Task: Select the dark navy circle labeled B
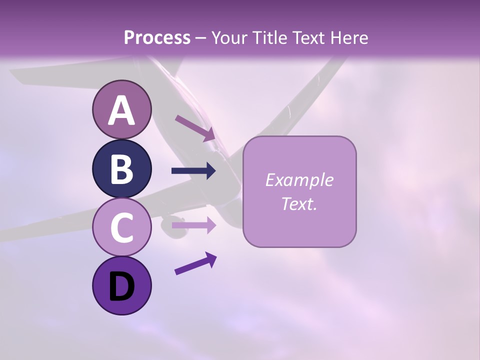click(x=121, y=169)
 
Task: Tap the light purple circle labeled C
click(x=121, y=227)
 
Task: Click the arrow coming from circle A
click(x=195, y=127)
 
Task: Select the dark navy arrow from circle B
click(x=193, y=171)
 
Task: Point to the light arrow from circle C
click(x=193, y=225)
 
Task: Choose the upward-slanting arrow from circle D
click(x=195, y=263)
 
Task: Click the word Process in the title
click(x=157, y=37)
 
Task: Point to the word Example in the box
click(x=299, y=180)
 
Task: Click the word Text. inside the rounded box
click(x=299, y=203)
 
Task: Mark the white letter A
click(x=121, y=111)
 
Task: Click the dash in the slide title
click(x=200, y=38)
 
